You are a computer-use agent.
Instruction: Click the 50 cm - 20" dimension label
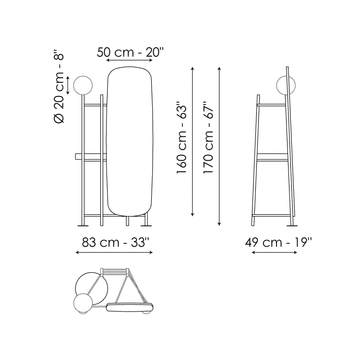point(131,52)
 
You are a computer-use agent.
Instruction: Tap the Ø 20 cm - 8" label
point(59,87)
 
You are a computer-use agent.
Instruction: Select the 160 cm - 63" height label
point(182,140)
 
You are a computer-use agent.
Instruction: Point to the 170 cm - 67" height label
point(209,137)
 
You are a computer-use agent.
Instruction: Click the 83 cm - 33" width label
point(114,243)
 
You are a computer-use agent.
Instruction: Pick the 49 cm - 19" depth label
point(278,243)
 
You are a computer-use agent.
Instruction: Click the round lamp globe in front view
point(83,85)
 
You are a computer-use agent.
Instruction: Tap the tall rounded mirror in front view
point(130,142)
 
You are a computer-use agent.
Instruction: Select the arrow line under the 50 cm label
point(129,60)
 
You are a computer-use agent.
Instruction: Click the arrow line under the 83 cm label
point(114,252)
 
